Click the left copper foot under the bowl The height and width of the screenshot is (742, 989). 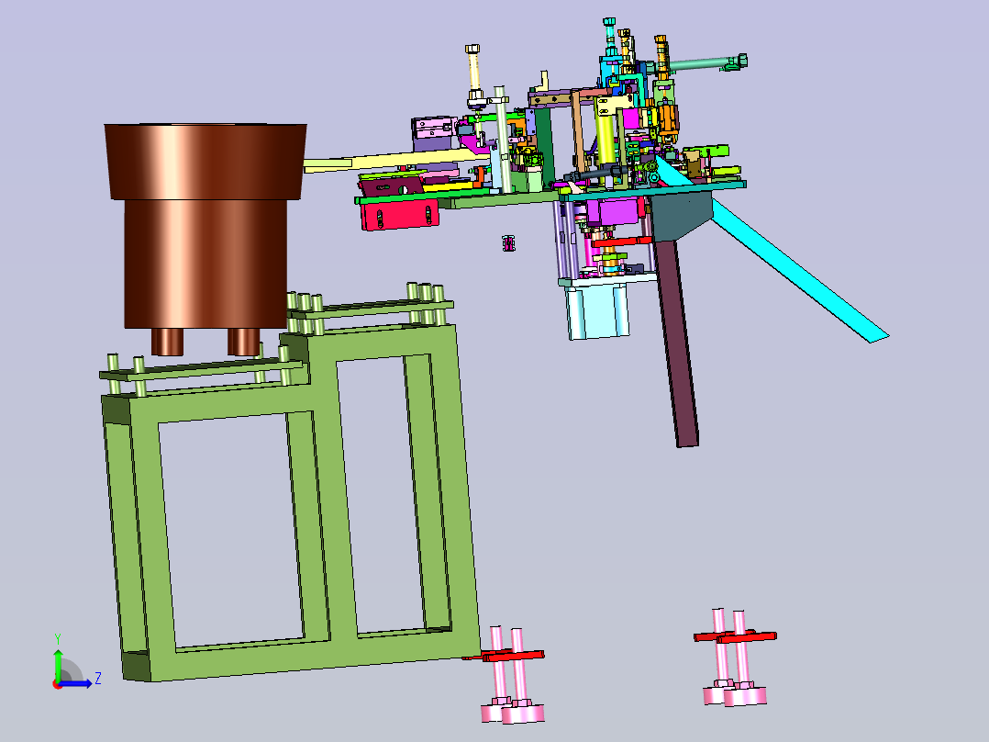[x=167, y=342]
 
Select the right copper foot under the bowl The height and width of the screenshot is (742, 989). [x=243, y=342]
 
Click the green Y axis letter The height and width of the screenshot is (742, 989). [x=58, y=639]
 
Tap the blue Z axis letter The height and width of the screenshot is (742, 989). [x=98, y=679]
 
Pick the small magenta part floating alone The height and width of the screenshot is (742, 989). [x=508, y=243]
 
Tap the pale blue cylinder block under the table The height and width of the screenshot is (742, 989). [x=596, y=310]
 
